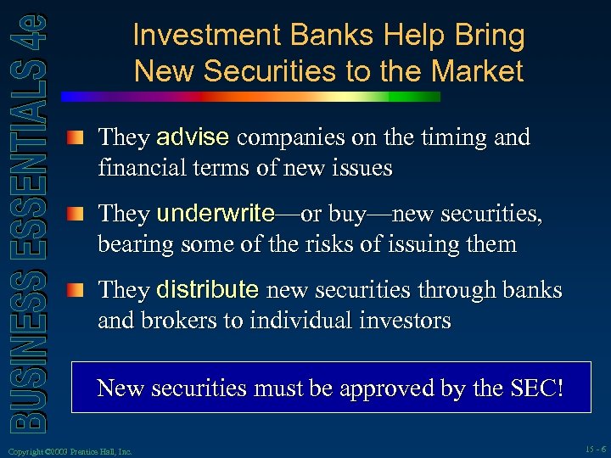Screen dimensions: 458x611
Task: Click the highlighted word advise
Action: [193, 137]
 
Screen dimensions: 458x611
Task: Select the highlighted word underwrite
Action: [216, 214]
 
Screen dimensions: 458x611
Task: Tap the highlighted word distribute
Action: [208, 290]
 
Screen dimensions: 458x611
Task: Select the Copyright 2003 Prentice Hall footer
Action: [68, 451]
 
